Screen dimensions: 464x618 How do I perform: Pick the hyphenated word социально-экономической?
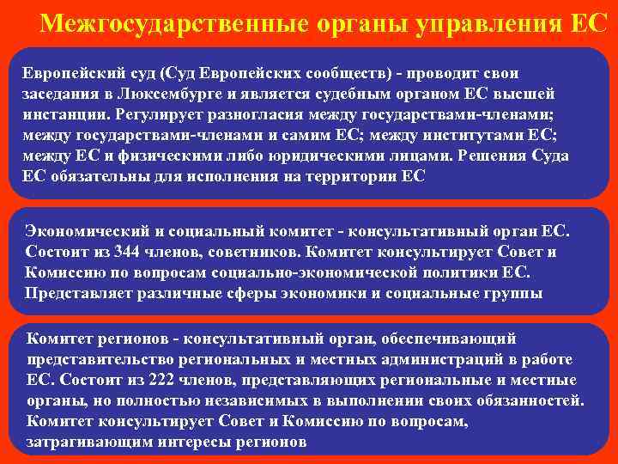tap(353, 272)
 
